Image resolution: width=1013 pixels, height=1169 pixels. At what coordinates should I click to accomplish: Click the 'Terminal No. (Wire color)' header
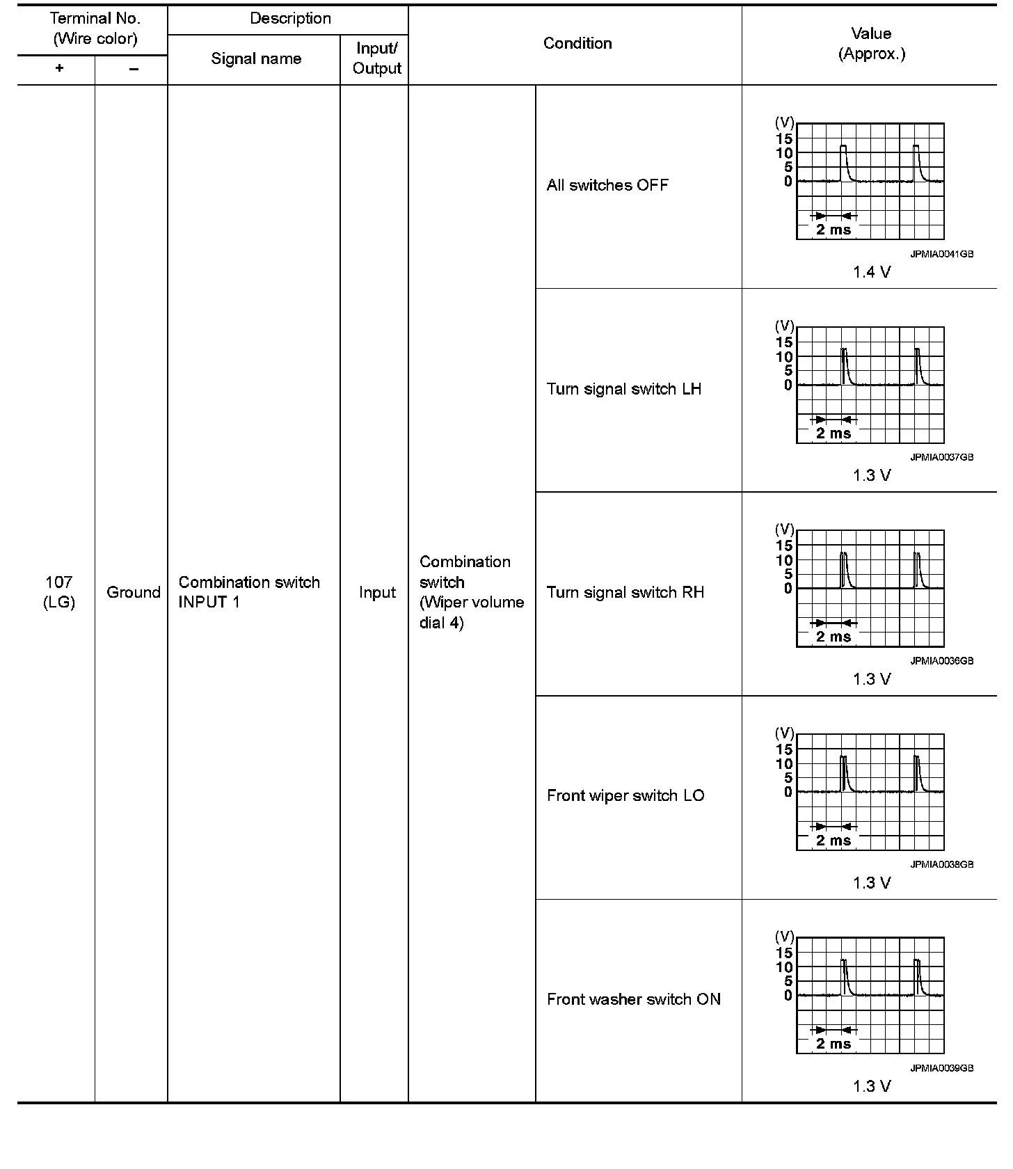point(95,29)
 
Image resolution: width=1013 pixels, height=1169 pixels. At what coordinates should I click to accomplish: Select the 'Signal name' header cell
point(256,58)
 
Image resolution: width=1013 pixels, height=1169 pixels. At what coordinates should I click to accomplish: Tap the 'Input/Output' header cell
point(376,58)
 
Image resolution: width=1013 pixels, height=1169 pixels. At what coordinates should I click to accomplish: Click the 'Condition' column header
point(577,43)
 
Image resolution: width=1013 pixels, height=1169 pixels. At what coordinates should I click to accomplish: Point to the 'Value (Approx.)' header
point(871,43)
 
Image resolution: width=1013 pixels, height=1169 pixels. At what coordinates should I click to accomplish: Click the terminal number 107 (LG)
point(59,592)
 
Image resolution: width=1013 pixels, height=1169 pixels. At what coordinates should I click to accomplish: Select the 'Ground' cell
point(133,592)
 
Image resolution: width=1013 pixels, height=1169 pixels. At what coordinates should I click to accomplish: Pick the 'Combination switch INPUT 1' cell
point(249,592)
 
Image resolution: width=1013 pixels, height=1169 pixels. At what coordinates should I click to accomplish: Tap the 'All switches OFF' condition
point(607,185)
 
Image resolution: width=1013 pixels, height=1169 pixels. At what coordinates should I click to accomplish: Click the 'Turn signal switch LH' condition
point(624,389)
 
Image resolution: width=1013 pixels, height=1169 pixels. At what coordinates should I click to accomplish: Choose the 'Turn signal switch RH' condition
point(625,592)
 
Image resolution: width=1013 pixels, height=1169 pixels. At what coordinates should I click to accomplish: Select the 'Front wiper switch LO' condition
point(625,795)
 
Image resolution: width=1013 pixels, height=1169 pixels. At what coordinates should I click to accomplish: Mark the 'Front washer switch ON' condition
point(634,999)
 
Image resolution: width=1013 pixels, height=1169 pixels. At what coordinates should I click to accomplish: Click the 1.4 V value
point(872,272)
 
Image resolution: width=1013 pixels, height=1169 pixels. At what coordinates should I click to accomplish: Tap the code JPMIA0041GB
point(941,254)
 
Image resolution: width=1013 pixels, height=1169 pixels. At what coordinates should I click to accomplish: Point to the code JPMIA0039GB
point(941,1068)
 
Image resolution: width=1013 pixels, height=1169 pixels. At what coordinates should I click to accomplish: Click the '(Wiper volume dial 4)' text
point(472,612)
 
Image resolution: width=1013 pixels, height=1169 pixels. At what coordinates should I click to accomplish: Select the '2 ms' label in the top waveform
point(833,230)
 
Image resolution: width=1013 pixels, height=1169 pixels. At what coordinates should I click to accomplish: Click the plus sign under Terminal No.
point(59,68)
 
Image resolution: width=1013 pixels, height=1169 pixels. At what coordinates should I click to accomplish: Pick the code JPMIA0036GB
point(941,661)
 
